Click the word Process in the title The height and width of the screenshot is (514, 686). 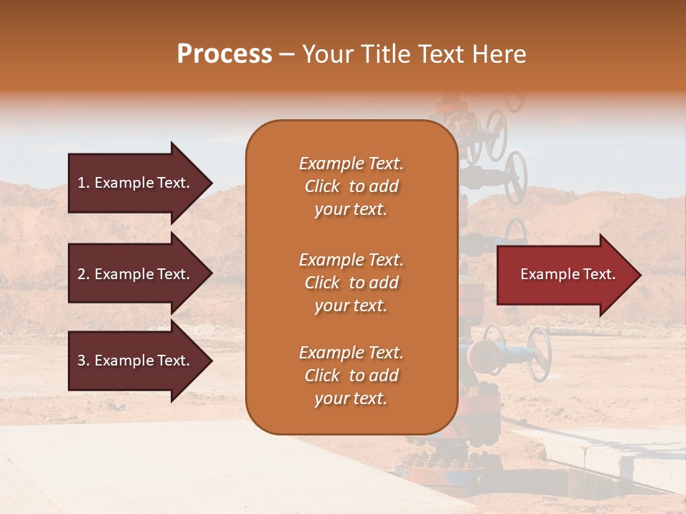(x=224, y=54)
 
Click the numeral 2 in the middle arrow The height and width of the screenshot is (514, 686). (x=81, y=274)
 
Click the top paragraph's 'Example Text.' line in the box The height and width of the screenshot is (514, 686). (x=351, y=163)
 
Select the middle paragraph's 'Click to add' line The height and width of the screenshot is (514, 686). (x=351, y=283)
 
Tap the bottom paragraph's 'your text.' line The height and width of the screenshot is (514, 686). (x=351, y=399)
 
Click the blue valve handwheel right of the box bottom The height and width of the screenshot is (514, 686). (x=539, y=354)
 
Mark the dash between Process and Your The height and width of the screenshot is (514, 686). (x=287, y=55)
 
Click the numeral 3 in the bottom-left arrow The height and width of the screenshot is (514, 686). (x=81, y=361)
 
